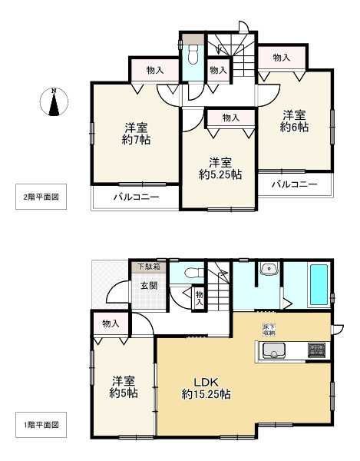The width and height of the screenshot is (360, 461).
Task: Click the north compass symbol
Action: click(x=54, y=102)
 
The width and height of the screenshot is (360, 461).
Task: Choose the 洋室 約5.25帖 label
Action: click(x=220, y=168)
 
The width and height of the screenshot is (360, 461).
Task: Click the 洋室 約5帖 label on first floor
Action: click(x=123, y=386)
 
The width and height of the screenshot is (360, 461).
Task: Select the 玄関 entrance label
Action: click(x=148, y=286)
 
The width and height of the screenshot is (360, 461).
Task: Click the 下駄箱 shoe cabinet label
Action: click(x=148, y=267)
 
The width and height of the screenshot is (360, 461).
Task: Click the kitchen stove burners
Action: click(x=316, y=351)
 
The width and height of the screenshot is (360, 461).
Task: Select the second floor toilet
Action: click(x=193, y=54)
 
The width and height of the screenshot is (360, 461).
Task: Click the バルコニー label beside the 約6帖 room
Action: click(x=293, y=184)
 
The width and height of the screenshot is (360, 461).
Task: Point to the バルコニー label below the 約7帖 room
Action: click(x=137, y=197)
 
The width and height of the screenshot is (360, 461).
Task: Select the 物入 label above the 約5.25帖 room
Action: click(x=230, y=118)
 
